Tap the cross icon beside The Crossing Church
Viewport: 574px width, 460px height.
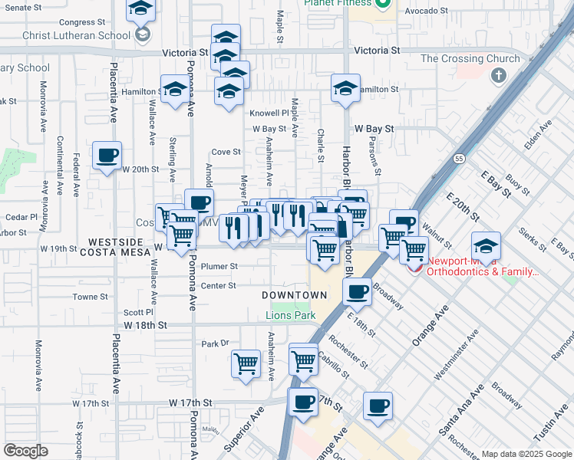tap(499, 75)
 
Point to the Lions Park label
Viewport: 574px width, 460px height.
tap(291, 315)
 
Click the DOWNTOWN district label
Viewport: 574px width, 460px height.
tap(294, 295)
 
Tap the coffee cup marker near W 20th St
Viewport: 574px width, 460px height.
tap(107, 155)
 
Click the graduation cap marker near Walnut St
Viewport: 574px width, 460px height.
tap(485, 246)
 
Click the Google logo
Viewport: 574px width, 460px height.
tap(25, 450)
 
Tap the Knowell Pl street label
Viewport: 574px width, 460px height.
tap(269, 113)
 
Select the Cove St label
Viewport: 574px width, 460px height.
tap(226, 152)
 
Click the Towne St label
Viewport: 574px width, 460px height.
tap(90, 297)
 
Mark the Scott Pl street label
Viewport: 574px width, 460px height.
tap(139, 312)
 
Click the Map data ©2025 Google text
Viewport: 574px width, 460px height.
tap(526, 453)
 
